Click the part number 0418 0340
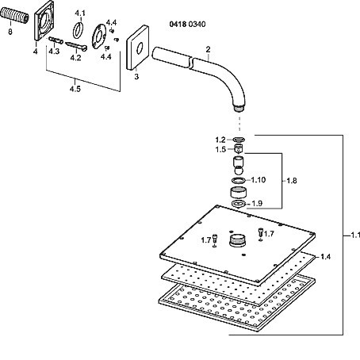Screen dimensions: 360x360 coord(187,25)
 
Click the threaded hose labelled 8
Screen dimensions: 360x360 coord(14,15)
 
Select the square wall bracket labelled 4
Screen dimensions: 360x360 coord(44,21)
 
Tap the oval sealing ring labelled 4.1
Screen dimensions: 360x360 coord(79,30)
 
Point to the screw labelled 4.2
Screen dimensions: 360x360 coord(76,46)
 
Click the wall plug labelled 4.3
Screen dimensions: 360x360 coord(56,40)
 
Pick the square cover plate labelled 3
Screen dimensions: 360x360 coord(137,48)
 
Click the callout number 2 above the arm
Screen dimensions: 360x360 coord(208,49)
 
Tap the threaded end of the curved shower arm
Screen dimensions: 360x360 coord(239,109)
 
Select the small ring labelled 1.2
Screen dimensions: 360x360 coord(239,140)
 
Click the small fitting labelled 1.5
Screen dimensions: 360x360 coord(239,149)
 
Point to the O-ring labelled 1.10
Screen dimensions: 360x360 coord(239,181)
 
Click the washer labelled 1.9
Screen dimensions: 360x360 coord(239,204)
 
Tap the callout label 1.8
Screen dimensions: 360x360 coord(292,181)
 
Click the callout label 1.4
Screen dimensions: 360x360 coord(325,257)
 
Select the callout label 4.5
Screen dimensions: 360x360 coord(75,89)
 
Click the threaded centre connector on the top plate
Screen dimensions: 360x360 coord(238,240)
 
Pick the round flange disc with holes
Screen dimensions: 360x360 coord(99,36)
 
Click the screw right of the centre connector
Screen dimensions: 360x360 coord(260,232)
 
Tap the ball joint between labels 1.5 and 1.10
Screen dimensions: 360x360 coord(239,166)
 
